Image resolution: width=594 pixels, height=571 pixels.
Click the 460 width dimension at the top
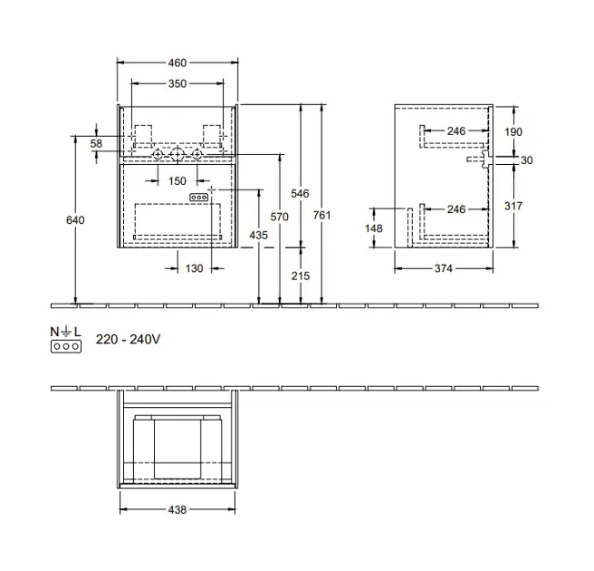pos(177,63)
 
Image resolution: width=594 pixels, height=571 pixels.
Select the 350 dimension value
pos(177,83)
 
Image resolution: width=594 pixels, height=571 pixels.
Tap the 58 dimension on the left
pos(96,143)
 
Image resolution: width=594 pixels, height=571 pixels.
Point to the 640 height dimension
pos(75,220)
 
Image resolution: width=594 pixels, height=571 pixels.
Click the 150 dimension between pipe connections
pos(177,181)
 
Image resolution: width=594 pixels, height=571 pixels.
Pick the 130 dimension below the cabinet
pos(194,268)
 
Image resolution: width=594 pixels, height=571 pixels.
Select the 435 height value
pos(258,235)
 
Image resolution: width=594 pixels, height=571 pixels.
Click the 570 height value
pos(279,217)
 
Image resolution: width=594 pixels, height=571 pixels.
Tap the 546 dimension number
pos(300,193)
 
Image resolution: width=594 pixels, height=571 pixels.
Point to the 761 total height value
pos(321,215)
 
